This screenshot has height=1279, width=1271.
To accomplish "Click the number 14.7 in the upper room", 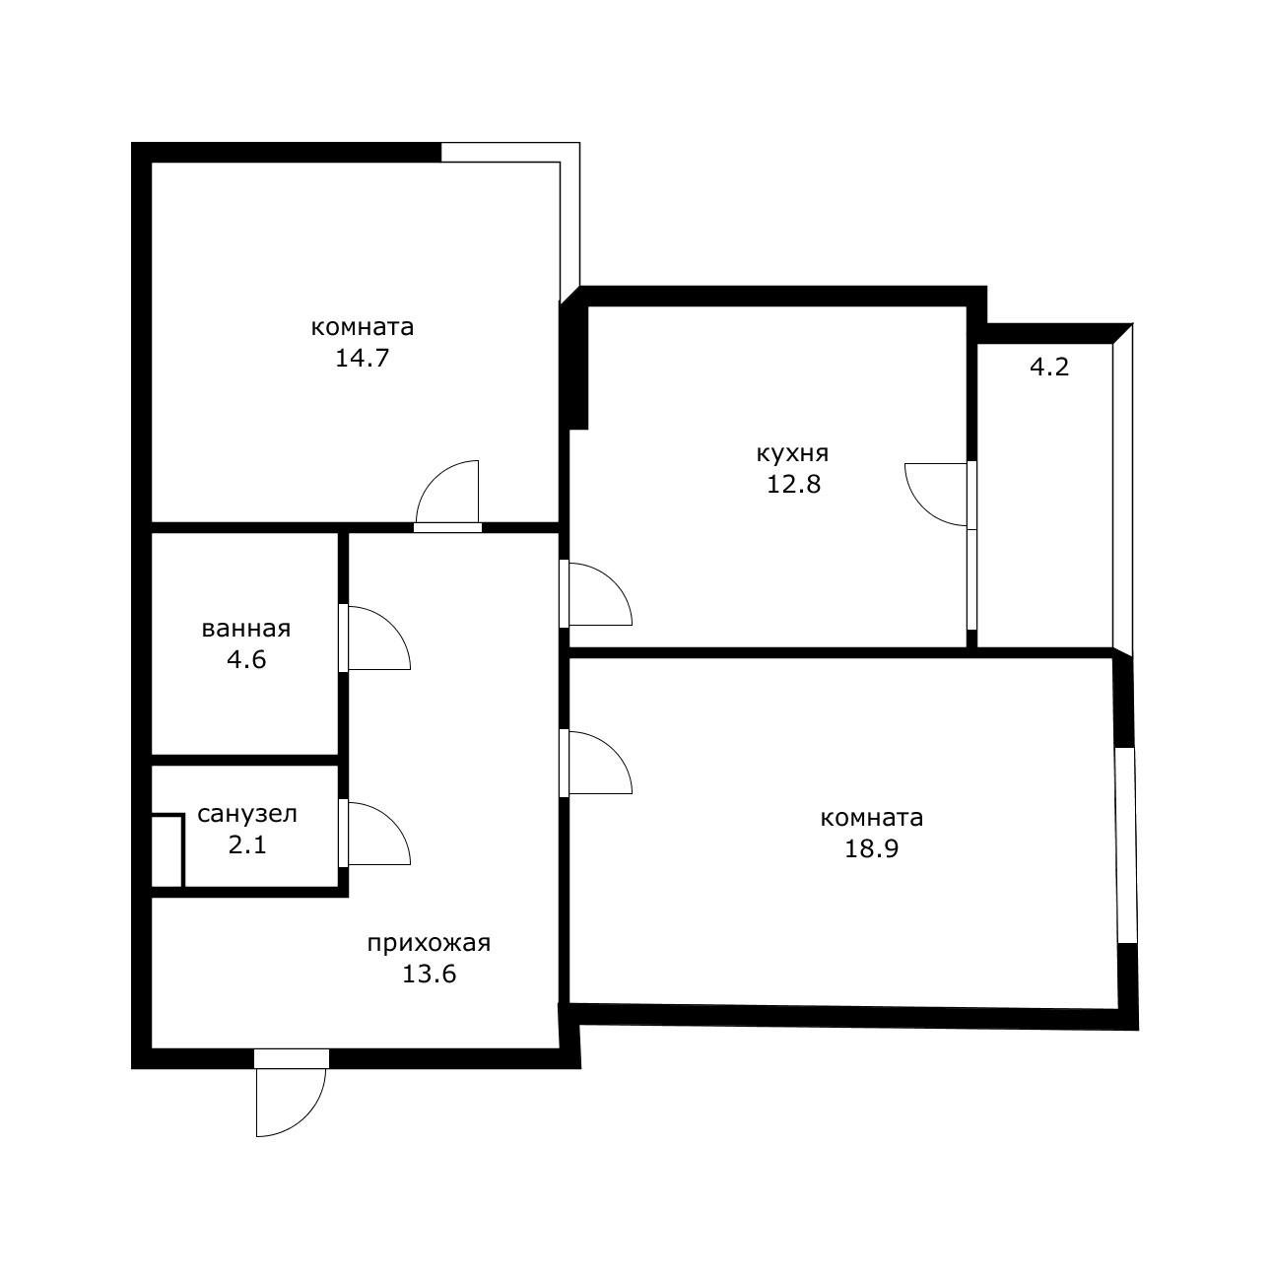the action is point(361,359).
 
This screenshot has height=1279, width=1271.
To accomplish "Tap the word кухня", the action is point(792,454).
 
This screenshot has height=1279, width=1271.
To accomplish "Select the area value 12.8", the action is point(793,485).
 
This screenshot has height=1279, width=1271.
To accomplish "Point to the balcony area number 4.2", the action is point(1049,367).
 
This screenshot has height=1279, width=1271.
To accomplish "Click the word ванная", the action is point(245,630).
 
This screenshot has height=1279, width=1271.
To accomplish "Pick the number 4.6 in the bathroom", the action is point(246,660).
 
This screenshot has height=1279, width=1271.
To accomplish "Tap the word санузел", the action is point(247,814).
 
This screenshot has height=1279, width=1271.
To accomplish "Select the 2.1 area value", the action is point(247,844).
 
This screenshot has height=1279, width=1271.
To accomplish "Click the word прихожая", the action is point(429,944).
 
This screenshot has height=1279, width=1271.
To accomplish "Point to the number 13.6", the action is point(429,974).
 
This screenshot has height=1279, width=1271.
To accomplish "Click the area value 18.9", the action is point(871,848).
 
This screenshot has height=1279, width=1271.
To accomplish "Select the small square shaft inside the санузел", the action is point(167,850).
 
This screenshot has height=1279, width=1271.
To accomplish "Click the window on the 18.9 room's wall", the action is point(1125,844).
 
